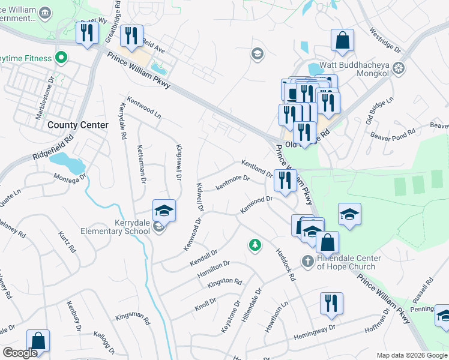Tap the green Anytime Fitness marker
point(60,58)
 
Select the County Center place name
point(78,125)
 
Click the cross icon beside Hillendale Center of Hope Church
point(307,260)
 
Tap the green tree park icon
point(255,245)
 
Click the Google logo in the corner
point(20,353)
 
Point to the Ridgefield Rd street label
point(53,146)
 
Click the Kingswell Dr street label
point(178,161)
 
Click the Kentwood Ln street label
point(143,106)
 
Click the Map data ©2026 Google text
point(412,355)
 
